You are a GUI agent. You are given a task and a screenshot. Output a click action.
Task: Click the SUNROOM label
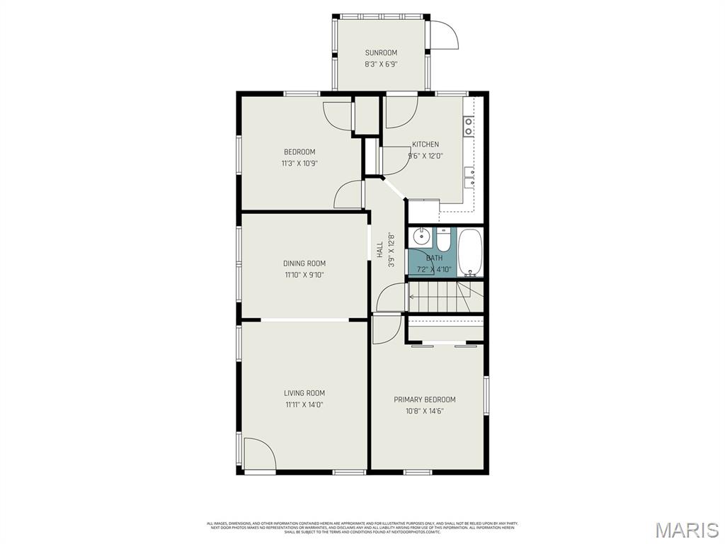pos(381,52)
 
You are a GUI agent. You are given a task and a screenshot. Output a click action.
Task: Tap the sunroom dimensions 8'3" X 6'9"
pos(381,64)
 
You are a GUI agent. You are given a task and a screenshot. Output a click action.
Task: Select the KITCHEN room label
pos(426,144)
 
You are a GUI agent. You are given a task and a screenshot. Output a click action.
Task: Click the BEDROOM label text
pos(299,152)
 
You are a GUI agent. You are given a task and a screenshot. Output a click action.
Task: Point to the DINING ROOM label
pos(304,263)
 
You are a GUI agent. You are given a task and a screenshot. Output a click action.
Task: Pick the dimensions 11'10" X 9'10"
pos(304,275)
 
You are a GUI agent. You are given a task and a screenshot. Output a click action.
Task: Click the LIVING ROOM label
pos(304,393)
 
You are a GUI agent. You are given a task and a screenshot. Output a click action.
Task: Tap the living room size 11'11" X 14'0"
pos(304,404)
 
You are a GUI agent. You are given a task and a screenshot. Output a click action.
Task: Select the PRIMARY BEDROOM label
pos(425,399)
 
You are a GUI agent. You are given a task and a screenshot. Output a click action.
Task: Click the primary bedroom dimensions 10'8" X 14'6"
pos(425,411)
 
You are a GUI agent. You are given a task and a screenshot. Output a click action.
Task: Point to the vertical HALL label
pos(380,249)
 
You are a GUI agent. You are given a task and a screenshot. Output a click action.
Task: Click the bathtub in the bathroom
pos(469,252)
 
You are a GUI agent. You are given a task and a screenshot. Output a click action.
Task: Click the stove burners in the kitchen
pos(469,126)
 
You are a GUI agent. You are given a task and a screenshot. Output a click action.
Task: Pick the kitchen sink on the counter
pos(469,177)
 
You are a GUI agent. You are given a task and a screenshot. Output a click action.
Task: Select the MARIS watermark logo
pos(686,529)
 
